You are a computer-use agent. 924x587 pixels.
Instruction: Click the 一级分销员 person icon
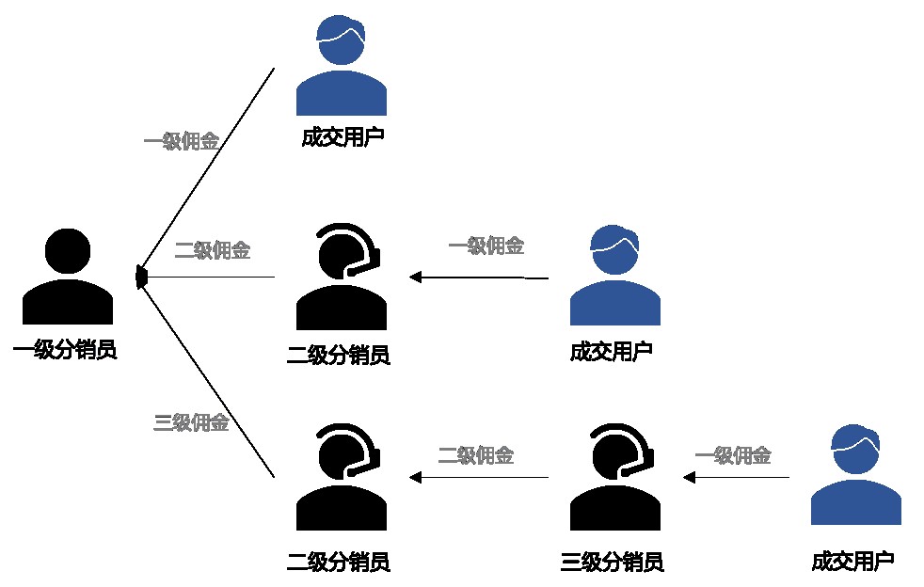[x=68, y=277]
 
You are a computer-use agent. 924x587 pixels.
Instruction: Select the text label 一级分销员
[x=65, y=352]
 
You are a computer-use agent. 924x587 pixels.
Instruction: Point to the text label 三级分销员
[x=613, y=563]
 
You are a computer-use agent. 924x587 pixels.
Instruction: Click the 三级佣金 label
[x=191, y=423]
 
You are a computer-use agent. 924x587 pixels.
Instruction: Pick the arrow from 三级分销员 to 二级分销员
[x=479, y=478]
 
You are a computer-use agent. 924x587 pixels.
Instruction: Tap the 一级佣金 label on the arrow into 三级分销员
[x=733, y=456]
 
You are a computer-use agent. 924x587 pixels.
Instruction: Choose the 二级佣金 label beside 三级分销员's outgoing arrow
[x=476, y=456]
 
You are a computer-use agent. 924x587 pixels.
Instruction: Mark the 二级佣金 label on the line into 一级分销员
[x=213, y=251]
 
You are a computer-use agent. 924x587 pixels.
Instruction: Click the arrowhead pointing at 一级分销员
[x=142, y=277]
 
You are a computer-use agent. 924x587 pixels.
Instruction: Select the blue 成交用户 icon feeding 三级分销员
[x=856, y=476]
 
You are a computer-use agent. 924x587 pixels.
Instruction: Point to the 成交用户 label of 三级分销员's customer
[x=852, y=563]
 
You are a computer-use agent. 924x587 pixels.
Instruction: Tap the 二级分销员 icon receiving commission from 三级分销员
[x=342, y=477]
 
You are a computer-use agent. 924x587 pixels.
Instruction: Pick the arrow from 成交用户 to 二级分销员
[x=479, y=278]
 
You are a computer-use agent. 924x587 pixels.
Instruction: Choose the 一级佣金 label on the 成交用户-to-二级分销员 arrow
[x=486, y=246]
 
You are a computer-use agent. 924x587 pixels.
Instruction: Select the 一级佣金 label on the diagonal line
[x=182, y=142]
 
